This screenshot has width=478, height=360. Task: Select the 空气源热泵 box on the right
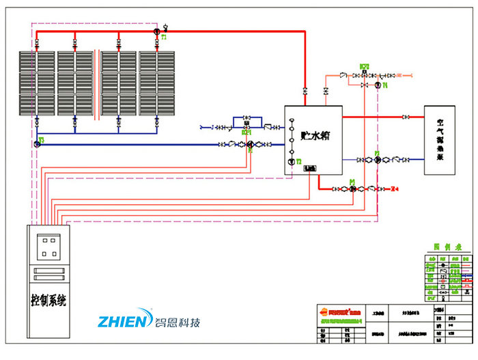point(440,139)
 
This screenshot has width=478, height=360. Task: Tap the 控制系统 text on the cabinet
point(48,299)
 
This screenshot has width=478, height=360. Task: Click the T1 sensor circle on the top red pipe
point(156,31)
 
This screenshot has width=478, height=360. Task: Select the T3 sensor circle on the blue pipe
point(36,143)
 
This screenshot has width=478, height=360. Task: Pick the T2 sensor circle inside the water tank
point(291,162)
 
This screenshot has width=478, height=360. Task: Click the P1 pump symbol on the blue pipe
point(250,144)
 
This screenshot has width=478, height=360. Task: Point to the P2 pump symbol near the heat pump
point(377,159)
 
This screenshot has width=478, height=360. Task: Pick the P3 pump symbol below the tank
point(352,188)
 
